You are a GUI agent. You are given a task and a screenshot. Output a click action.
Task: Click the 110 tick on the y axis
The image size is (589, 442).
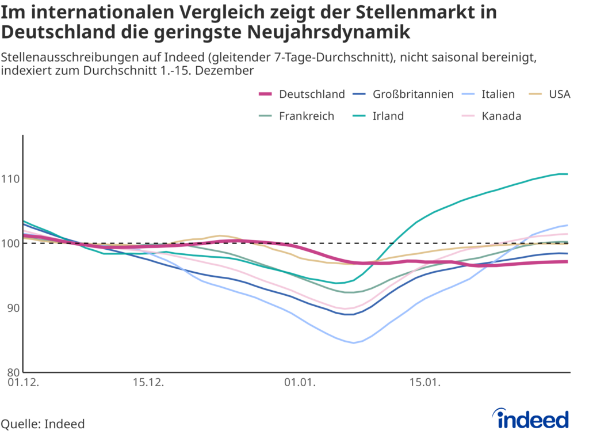(12, 179)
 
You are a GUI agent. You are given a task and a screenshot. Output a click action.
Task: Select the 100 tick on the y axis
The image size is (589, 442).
(12, 243)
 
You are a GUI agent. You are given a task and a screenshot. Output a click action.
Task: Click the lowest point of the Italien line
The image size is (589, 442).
(354, 343)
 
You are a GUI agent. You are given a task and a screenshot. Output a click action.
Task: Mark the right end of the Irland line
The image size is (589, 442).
(567, 174)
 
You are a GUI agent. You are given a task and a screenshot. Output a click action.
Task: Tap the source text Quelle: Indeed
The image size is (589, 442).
(43, 424)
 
